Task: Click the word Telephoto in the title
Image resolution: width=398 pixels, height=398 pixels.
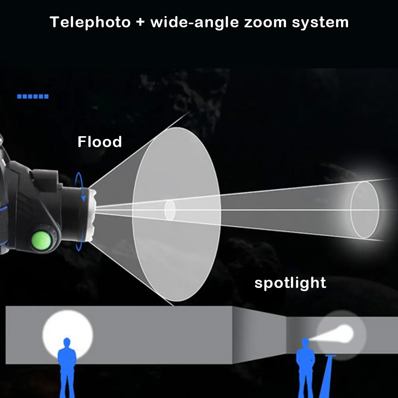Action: [90, 22]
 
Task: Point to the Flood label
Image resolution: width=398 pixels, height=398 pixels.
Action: [99, 142]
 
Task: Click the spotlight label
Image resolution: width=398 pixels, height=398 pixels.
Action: [290, 283]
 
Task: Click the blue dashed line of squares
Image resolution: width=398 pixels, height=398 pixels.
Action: [33, 96]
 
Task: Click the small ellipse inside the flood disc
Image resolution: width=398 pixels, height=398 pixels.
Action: [170, 210]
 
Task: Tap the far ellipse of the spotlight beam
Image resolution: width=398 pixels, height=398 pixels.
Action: [364, 210]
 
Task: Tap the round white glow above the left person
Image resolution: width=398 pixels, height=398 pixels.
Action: [68, 328]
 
